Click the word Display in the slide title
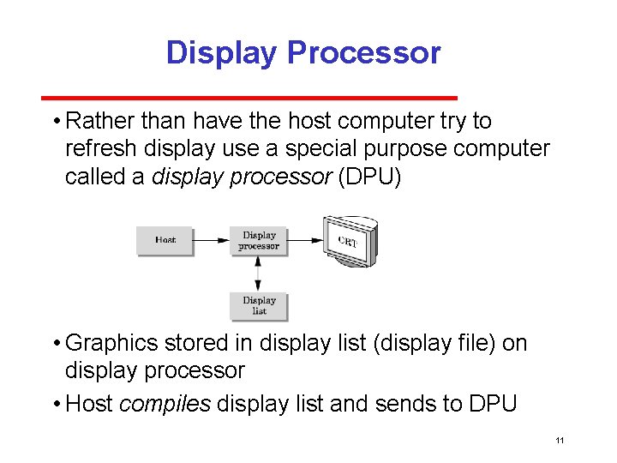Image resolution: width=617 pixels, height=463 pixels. click(x=222, y=52)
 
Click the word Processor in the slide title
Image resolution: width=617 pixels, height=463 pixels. click(x=363, y=52)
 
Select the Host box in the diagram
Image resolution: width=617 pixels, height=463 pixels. click(x=165, y=240)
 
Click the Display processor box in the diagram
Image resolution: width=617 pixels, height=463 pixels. click(x=259, y=240)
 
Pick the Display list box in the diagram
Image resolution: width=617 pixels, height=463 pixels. click(x=259, y=306)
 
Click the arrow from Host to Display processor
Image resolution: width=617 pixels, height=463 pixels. click(x=211, y=241)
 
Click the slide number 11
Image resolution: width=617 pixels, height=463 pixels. click(x=560, y=441)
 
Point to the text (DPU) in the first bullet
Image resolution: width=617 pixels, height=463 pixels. click(x=370, y=177)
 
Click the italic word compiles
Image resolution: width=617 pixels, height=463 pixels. click(x=165, y=404)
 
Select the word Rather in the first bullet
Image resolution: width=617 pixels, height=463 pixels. click(x=98, y=122)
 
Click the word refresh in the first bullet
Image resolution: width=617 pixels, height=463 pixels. click(x=102, y=149)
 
